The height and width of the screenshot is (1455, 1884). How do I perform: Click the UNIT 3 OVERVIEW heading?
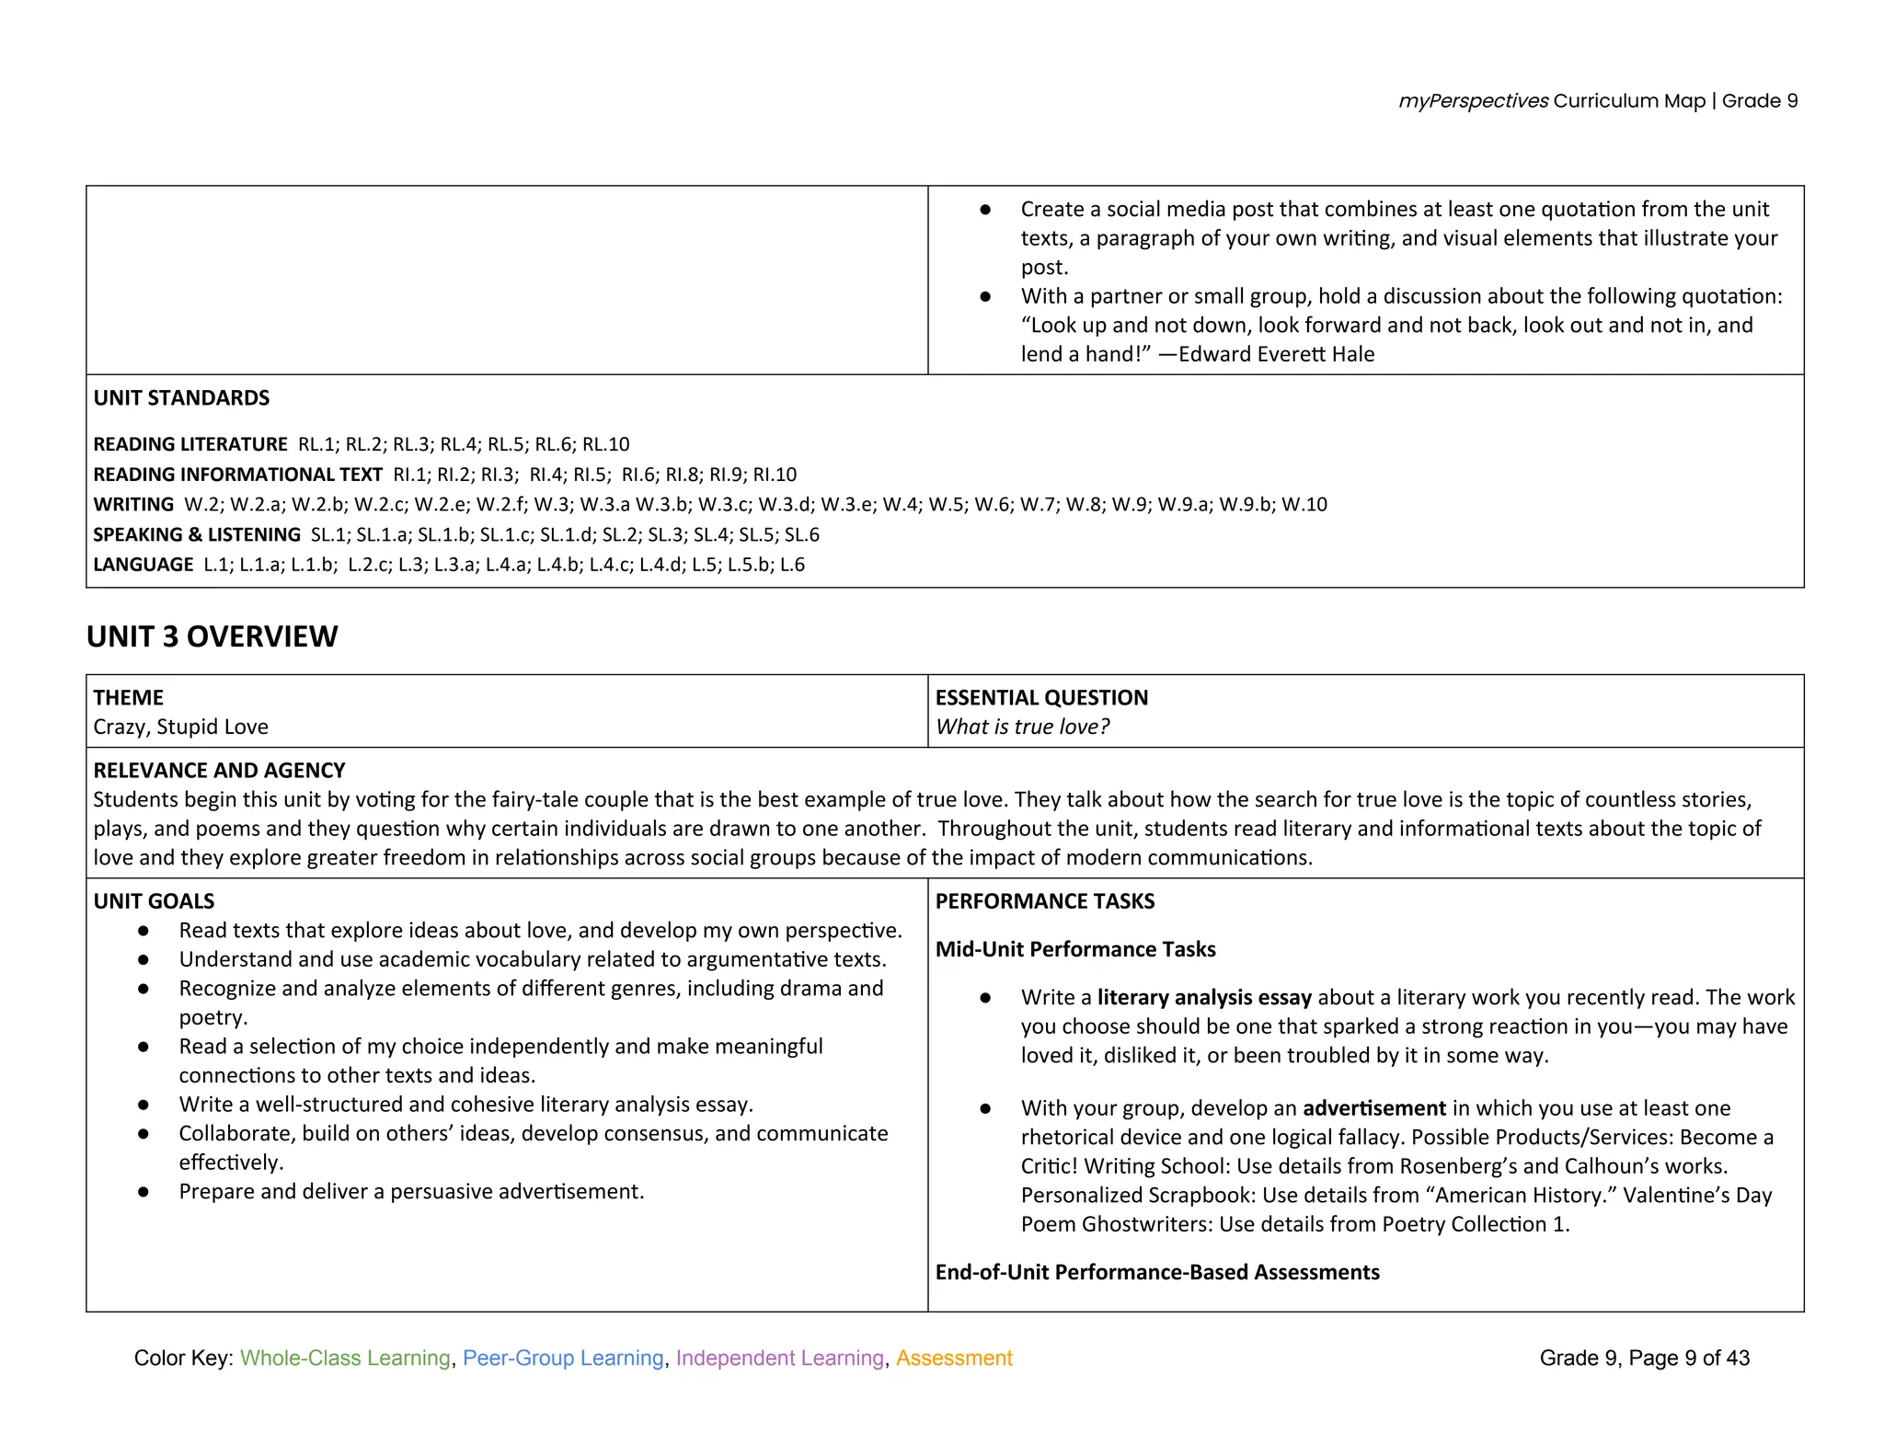click(212, 636)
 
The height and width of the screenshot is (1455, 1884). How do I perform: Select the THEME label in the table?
click(128, 697)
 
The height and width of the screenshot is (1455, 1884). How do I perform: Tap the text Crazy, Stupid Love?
click(180, 727)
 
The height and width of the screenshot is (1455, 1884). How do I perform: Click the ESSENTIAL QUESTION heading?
click(1041, 697)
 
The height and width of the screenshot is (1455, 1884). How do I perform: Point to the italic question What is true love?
click(1022, 727)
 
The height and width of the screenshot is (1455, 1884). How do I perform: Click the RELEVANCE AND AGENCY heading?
click(219, 770)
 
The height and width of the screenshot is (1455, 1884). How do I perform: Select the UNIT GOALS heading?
click(154, 901)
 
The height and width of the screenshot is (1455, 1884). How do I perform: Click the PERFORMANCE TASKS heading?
click(1044, 901)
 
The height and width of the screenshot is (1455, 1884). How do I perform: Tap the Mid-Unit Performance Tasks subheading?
click(1074, 949)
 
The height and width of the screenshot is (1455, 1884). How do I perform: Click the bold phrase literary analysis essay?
click(1203, 997)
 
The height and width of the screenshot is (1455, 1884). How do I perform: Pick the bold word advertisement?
click(1374, 1108)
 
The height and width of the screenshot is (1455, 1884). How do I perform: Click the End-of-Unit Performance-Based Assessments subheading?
click(1156, 1272)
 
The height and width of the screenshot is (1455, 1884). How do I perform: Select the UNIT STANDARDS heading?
click(181, 397)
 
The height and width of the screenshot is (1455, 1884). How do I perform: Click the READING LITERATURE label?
click(190, 444)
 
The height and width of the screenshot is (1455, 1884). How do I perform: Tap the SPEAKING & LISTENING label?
click(197, 534)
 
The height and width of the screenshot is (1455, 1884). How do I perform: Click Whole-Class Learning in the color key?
click(345, 1358)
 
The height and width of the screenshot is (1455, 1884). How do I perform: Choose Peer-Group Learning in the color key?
click(563, 1358)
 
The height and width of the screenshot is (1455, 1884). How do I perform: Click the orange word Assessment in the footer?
click(954, 1358)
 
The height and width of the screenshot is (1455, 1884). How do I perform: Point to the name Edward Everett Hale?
click(1276, 354)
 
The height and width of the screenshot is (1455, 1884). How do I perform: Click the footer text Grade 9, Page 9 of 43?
click(1644, 1358)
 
